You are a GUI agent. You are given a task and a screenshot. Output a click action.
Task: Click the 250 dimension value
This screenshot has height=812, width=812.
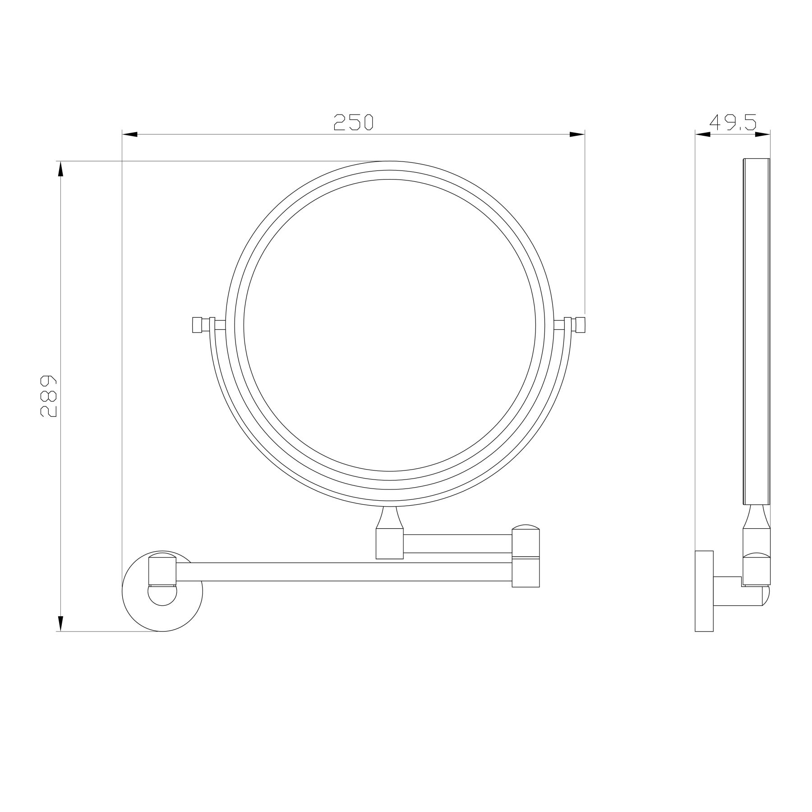click(x=354, y=122)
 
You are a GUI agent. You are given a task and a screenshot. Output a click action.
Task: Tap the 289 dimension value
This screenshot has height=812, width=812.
click(x=48, y=395)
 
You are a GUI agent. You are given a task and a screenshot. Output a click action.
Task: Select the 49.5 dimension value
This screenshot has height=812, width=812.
click(x=733, y=122)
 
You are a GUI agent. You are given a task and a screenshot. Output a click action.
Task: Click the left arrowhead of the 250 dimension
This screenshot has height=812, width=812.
click(x=130, y=134)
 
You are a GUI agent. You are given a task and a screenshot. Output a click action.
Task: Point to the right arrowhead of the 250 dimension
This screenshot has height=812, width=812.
click(x=577, y=134)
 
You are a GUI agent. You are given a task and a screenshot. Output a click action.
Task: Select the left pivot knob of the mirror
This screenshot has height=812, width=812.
click(x=198, y=325)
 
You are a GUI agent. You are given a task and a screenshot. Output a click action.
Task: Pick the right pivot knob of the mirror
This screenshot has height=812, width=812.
click(x=580, y=325)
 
